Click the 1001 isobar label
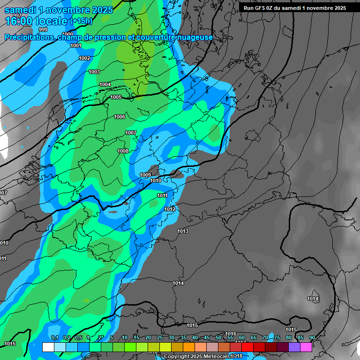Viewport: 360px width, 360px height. tap(75, 46)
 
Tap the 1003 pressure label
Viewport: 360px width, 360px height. tap(94, 72)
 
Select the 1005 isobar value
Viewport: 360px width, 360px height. tap(116, 97)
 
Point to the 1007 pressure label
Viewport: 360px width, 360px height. tap(131, 133)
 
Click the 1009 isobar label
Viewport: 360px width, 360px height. tap(145, 175)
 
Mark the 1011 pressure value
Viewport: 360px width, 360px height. tap(163, 195)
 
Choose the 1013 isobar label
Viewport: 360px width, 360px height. tap(183, 232)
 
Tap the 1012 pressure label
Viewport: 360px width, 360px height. tap(170, 209)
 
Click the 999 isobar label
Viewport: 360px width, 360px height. tap(43, 30)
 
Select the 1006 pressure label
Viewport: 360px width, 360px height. tap(120, 117)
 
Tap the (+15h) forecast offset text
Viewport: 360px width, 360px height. tap(81, 21)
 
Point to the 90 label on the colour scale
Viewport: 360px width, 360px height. tap(312, 338)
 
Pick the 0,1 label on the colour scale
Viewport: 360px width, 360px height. tap(54, 338)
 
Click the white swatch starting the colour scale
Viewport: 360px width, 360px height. tap(48, 347)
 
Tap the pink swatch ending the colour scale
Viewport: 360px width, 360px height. tap(306, 347)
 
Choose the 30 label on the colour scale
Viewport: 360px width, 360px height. tap(172, 338)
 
